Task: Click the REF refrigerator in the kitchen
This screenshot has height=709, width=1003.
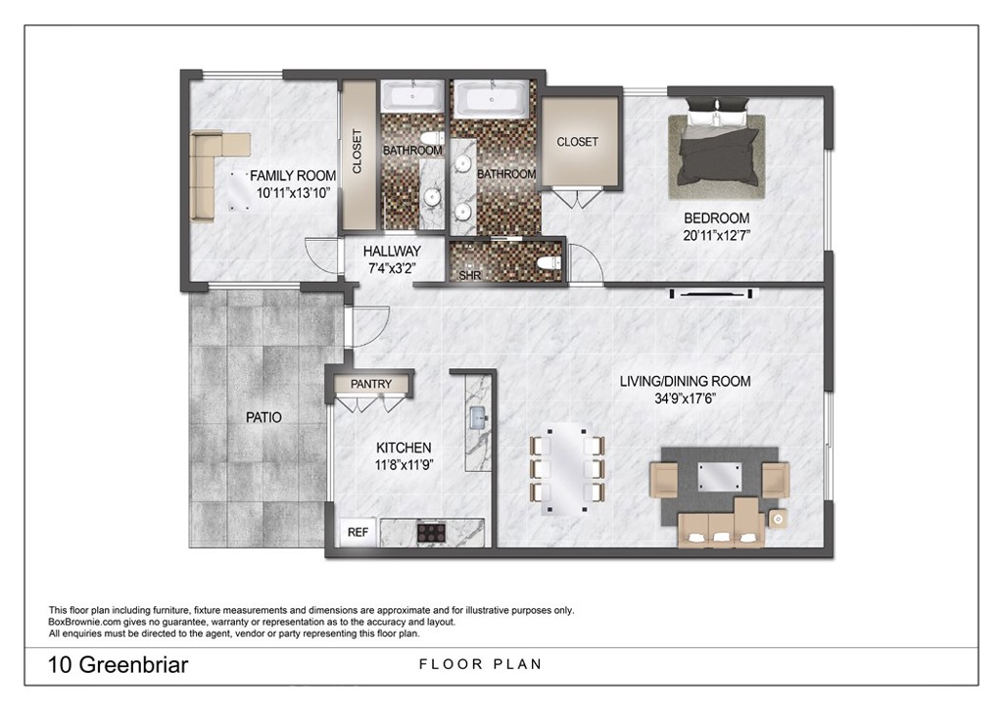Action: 358,533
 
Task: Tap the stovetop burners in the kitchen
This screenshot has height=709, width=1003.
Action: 432,533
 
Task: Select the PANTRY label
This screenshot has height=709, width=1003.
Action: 371,384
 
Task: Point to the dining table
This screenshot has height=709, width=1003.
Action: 566,467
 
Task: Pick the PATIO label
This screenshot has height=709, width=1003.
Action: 263,417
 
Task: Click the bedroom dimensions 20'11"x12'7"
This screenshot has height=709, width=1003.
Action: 716,235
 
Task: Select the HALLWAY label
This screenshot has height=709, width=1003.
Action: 392,252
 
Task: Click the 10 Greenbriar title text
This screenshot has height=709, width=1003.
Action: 118,666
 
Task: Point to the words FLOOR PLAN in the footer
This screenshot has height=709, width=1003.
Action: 480,665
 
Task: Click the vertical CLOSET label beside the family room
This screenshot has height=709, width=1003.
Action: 358,152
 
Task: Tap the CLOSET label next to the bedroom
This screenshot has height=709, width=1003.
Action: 577,142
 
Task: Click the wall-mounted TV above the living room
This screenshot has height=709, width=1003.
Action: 712,293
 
